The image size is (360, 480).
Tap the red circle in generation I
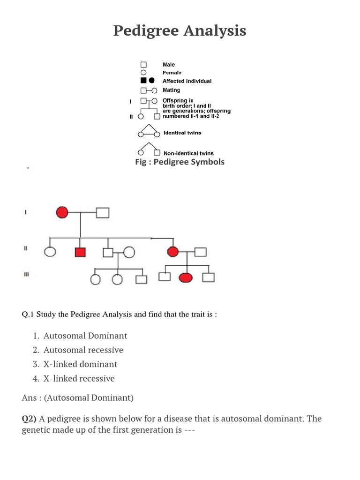pos(62,212)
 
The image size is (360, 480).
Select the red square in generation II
pos(80,252)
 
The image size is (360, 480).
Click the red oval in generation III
pos(186,277)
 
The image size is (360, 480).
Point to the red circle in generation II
pos(173,252)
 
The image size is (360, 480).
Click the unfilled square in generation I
pos(103,213)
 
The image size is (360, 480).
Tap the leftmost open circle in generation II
pos(50,252)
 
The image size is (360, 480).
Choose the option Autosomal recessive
pos(83,350)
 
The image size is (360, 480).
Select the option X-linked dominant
pos(80,364)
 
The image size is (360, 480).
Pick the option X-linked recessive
pos(79,378)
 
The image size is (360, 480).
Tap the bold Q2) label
pos(30,419)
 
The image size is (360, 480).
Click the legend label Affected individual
pos(187,81)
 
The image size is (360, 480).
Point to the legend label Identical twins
pos(182,133)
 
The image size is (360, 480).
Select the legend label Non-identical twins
pos(188,153)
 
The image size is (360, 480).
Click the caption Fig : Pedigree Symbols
pos(180,162)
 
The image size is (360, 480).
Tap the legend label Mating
pos(171,90)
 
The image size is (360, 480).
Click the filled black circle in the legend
pos(152,81)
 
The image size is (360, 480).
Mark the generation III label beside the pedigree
pos(26,275)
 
